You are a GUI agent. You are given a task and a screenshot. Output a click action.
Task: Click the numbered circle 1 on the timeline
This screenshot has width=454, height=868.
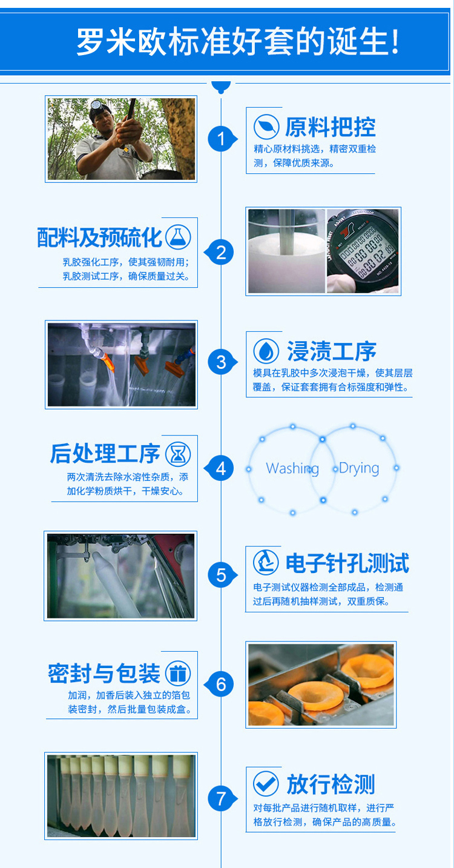(x=221, y=139)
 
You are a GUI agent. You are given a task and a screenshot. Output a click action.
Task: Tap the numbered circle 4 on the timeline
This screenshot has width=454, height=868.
(x=220, y=468)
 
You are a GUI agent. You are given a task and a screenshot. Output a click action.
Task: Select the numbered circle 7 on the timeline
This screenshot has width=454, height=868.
(x=221, y=798)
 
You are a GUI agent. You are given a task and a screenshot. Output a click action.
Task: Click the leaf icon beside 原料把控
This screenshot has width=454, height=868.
(x=266, y=127)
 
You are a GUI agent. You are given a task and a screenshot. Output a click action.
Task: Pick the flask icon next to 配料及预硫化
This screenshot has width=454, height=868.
(x=178, y=237)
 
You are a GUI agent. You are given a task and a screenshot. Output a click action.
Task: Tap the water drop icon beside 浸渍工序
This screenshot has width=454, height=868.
(x=266, y=351)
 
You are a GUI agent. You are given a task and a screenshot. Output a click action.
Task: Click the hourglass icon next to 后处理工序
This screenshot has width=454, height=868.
(x=178, y=454)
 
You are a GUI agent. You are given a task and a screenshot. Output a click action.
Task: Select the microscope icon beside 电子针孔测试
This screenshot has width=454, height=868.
(x=266, y=562)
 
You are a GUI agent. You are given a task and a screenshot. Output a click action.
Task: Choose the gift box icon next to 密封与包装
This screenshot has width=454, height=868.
(x=178, y=673)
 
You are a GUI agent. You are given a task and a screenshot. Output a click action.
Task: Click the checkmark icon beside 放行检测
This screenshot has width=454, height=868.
(x=266, y=784)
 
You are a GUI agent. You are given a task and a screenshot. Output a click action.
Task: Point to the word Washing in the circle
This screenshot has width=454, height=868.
(x=292, y=469)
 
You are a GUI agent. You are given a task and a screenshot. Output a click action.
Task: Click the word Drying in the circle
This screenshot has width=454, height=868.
(x=359, y=469)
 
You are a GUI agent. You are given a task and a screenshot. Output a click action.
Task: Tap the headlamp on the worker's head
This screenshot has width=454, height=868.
(x=96, y=105)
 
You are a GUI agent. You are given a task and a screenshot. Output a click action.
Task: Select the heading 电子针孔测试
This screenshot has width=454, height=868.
(x=347, y=563)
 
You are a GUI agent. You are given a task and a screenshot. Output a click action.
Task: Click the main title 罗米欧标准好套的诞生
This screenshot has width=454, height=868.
(x=237, y=41)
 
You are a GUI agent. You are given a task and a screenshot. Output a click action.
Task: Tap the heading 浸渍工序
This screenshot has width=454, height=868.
(x=331, y=351)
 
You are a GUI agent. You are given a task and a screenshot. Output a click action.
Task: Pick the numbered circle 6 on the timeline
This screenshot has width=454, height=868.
(x=220, y=684)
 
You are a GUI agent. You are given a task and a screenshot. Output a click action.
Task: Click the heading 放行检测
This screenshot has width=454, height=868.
(x=331, y=784)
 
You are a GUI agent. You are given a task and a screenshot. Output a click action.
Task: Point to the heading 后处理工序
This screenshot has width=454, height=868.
(x=105, y=454)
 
